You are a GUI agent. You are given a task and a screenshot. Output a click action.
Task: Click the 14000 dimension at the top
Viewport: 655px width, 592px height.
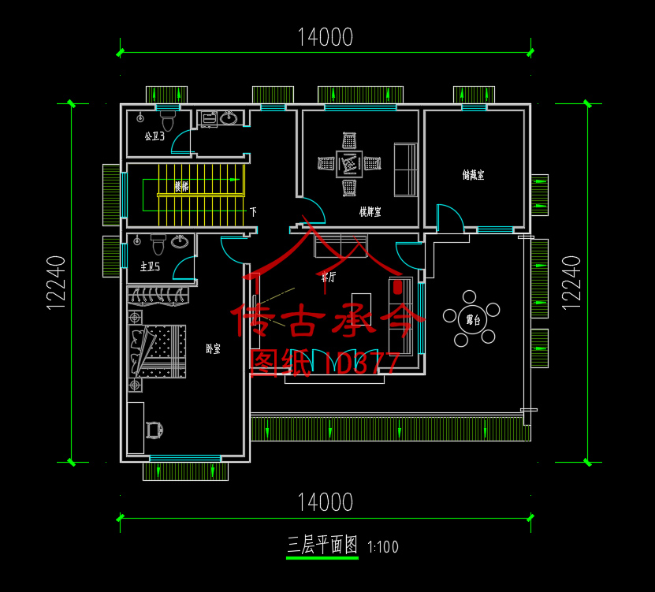[325, 37]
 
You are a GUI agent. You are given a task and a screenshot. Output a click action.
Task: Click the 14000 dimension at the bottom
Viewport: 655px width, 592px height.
[325, 501]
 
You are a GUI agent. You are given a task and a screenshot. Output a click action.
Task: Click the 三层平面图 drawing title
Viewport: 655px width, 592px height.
[322, 545]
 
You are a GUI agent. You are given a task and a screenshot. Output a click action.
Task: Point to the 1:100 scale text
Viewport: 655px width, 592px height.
[383, 546]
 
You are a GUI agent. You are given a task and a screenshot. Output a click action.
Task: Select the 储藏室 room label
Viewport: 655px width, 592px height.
[473, 175]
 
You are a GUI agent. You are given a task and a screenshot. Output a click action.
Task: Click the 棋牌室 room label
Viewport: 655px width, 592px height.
[370, 211]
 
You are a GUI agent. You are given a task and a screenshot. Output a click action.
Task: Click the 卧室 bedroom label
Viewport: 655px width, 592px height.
[213, 348]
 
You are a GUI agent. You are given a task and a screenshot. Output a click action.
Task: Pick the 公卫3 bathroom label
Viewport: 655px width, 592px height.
[154, 136]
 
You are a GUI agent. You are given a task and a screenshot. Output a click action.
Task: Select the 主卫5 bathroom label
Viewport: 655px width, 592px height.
[150, 266]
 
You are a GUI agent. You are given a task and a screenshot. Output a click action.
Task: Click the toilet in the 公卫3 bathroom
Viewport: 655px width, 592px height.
[167, 122]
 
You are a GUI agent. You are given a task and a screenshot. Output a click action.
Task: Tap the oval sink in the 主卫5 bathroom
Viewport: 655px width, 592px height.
[180, 241]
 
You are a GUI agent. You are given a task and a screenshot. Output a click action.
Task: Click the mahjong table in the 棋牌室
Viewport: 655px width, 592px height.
[349, 164]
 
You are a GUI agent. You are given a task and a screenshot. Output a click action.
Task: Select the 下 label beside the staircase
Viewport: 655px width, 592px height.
[253, 211]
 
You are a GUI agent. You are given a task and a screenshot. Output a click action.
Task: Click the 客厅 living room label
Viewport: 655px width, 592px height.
[328, 277]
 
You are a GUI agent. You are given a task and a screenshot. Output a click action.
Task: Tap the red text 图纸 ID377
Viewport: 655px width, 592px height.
[324, 362]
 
